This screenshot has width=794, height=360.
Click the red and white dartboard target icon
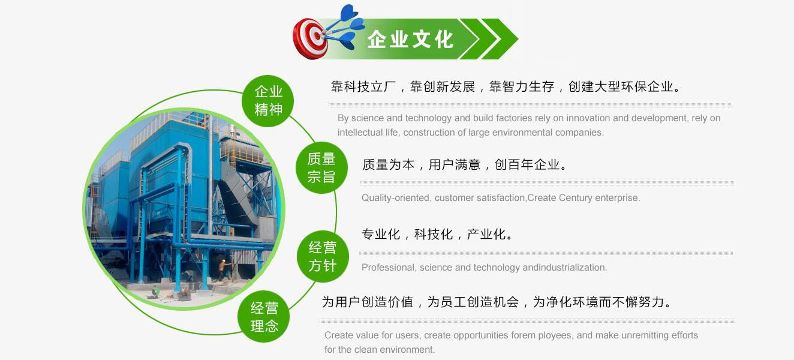[310, 38]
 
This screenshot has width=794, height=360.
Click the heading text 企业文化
[410, 40]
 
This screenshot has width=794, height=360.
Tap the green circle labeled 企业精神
[268, 100]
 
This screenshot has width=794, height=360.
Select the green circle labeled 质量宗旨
[321, 167]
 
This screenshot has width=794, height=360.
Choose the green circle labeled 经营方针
[323, 256]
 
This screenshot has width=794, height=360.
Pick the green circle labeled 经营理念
[264, 317]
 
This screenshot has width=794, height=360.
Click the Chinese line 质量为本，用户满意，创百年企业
[464, 164]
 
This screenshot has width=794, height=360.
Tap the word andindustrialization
[565, 268]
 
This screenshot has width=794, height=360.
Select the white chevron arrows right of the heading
[489, 40]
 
